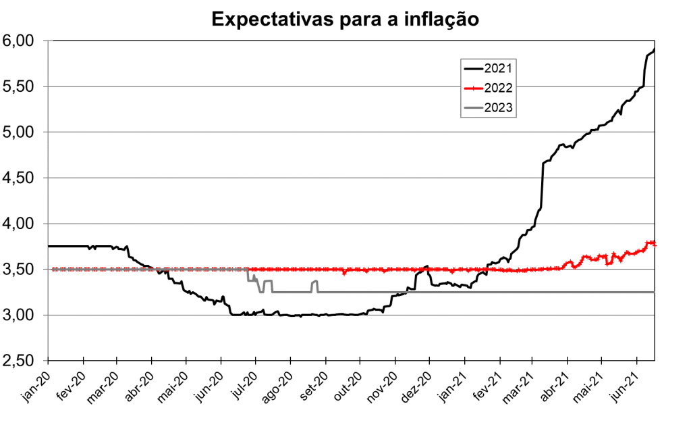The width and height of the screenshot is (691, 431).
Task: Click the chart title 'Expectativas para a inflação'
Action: [345, 19]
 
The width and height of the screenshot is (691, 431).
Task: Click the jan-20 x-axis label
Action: [37, 388]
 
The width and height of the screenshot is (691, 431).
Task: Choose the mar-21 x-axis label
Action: [520, 388]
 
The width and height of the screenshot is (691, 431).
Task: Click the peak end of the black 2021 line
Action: [654, 49]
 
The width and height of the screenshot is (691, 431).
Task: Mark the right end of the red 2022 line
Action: [654, 244]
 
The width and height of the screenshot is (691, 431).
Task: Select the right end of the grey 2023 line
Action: [654, 292]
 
